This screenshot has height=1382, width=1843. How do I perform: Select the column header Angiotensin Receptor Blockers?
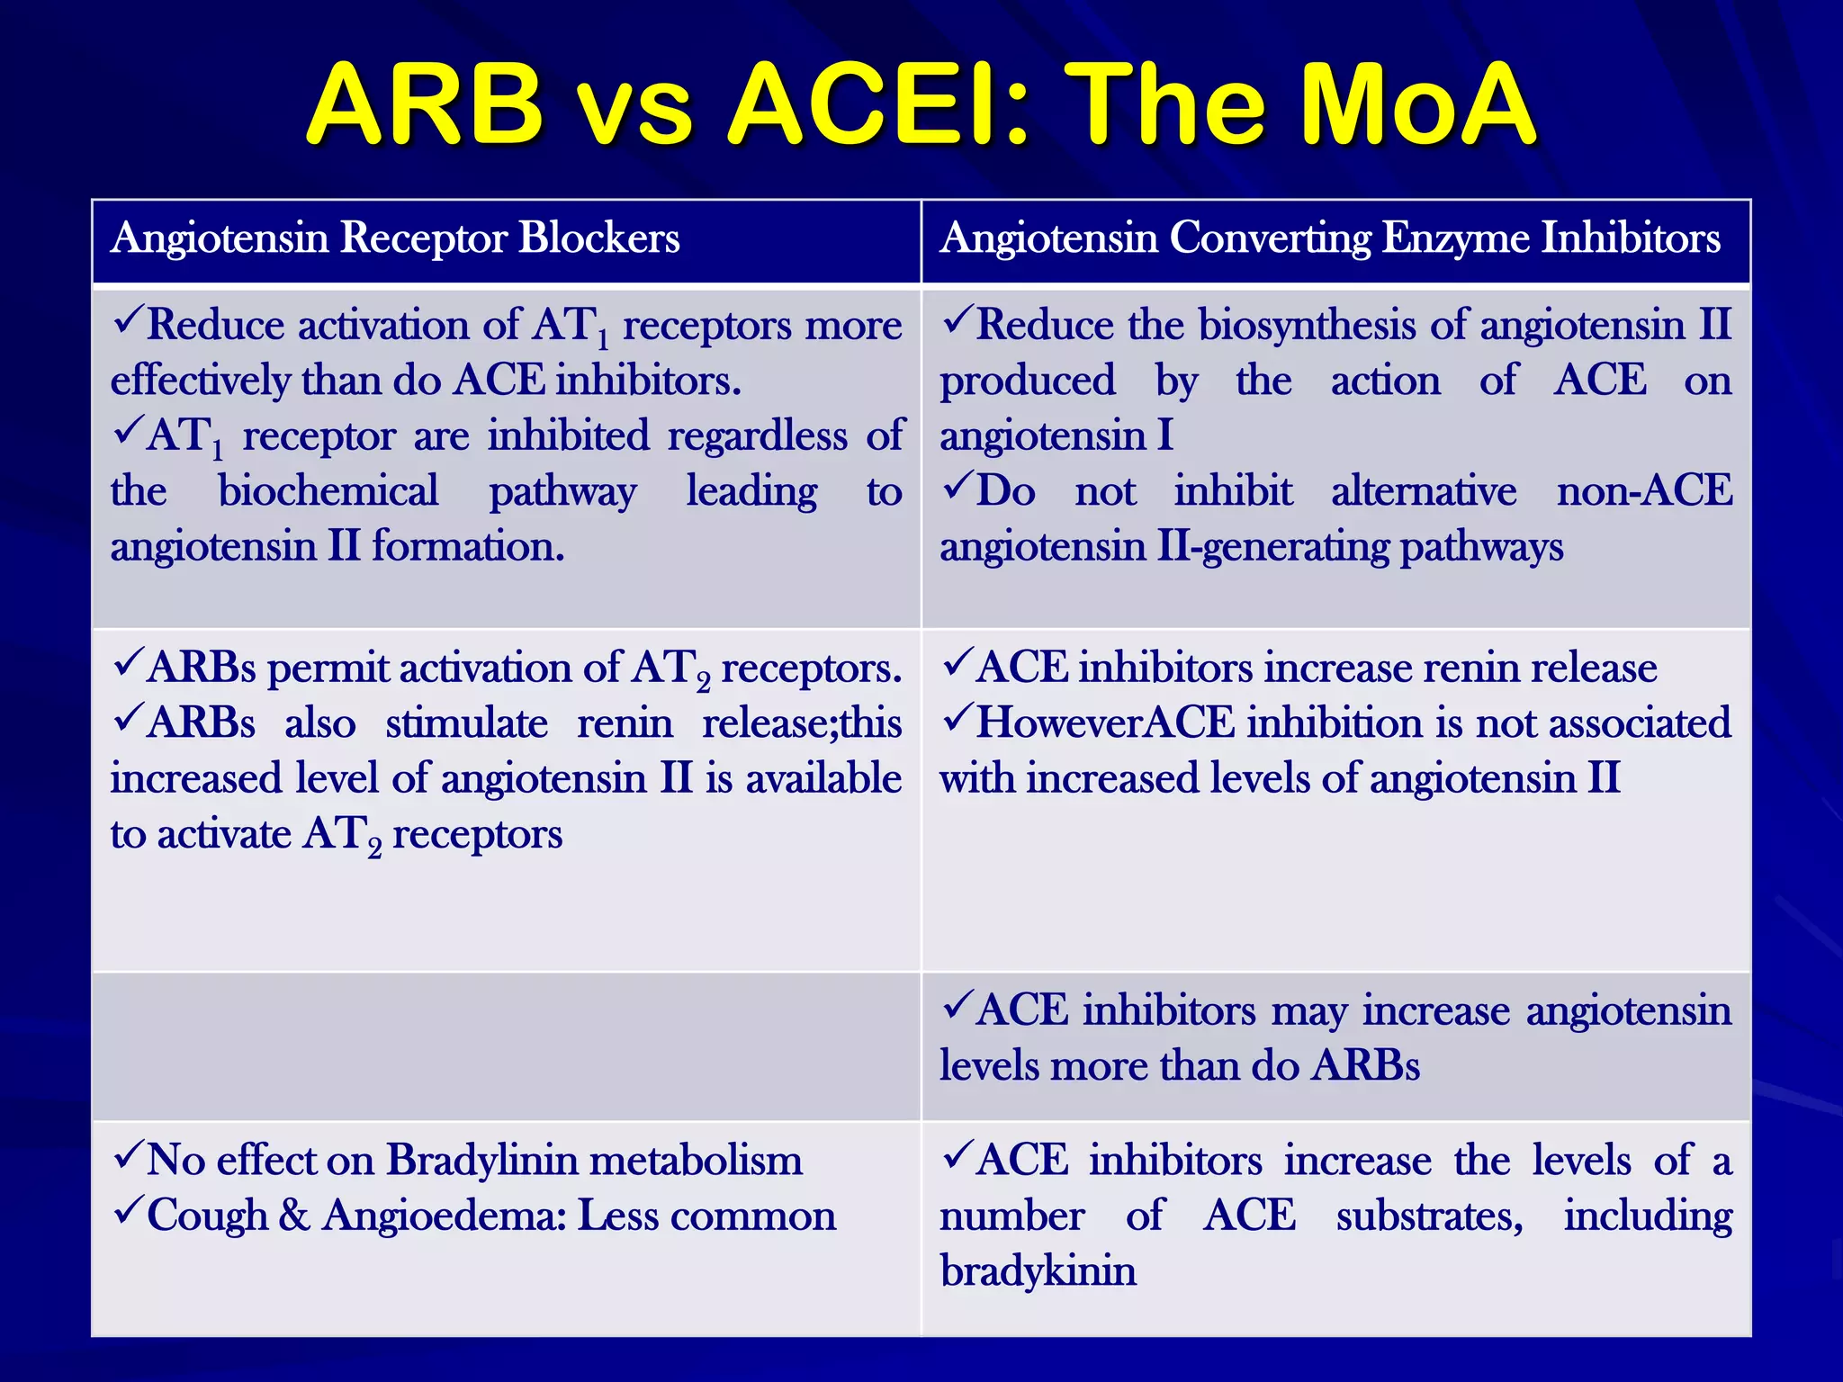395,238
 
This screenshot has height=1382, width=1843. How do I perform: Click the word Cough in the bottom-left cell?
207,1216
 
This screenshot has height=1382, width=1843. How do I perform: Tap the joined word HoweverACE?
1106,722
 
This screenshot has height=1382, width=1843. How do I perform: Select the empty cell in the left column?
506,1046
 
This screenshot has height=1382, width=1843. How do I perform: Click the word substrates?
1429,1216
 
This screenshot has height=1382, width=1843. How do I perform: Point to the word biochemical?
328,492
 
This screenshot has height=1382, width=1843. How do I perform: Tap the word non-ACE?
1644,491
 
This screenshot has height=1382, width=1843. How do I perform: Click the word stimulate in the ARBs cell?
466,723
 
